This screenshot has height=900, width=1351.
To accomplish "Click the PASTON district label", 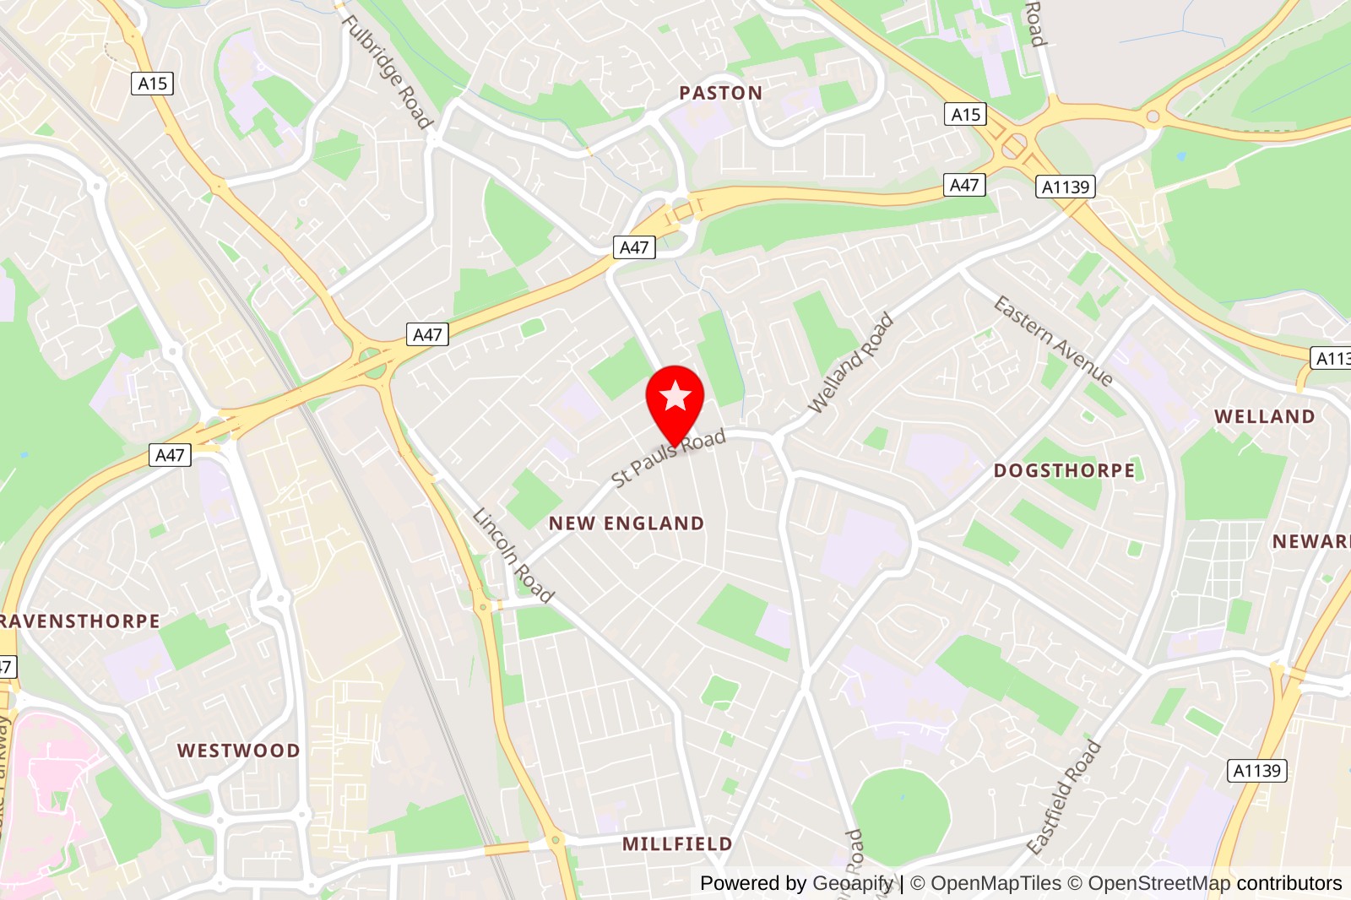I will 720,93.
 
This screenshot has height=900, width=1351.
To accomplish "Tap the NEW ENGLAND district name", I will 626,523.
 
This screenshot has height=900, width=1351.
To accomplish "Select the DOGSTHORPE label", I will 1064,471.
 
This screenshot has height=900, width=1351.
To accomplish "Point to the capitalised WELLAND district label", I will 1264,417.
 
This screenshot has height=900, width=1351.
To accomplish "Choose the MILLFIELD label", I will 677,844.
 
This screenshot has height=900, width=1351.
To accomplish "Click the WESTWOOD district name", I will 238,751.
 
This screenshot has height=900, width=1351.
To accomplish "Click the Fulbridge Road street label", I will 388,72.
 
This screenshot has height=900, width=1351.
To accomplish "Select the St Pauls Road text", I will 668,458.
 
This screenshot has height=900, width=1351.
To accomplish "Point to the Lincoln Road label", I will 513,556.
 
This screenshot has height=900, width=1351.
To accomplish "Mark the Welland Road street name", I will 850,363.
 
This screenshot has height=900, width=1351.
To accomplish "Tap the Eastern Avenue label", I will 1053,340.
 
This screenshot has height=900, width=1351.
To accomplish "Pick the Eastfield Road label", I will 1064,797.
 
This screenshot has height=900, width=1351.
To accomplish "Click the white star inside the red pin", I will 675,395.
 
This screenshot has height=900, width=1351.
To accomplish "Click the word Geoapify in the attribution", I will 852,883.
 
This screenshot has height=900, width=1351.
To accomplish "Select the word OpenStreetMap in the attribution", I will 1158,883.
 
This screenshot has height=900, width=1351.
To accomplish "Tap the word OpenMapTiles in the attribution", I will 996,883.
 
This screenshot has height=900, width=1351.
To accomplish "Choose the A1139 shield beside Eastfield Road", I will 1256,770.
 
